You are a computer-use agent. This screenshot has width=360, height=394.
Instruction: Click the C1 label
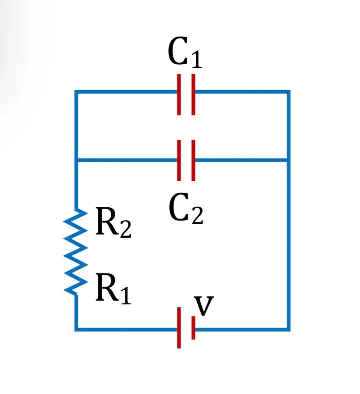click(x=185, y=52)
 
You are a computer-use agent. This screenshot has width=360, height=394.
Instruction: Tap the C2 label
click(x=186, y=208)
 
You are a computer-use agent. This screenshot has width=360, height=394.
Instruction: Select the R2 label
click(x=114, y=222)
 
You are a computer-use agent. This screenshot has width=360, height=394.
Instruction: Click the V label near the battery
click(x=204, y=306)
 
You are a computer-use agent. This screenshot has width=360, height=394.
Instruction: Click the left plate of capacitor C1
click(x=179, y=94)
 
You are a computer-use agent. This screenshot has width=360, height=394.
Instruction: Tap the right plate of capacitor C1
click(x=193, y=94)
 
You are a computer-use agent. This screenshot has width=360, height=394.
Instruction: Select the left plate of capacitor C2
click(x=179, y=160)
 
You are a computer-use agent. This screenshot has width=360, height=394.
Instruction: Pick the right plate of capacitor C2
click(x=193, y=160)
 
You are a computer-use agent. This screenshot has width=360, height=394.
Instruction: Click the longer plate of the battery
click(x=179, y=328)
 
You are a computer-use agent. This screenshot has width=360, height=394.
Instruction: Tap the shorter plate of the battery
click(x=193, y=328)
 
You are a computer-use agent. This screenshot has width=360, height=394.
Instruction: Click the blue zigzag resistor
click(x=76, y=252)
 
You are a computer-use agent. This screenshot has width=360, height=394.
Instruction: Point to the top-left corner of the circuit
click(x=76, y=91)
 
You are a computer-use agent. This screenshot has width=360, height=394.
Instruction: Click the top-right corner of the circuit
click(x=289, y=91)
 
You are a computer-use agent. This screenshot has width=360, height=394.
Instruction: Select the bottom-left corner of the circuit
click(x=76, y=329)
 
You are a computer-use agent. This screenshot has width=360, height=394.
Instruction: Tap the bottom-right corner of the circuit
click(x=289, y=329)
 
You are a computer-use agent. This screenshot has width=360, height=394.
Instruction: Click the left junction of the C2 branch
click(x=76, y=160)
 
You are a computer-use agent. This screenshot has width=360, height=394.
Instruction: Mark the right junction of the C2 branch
click(x=289, y=160)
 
